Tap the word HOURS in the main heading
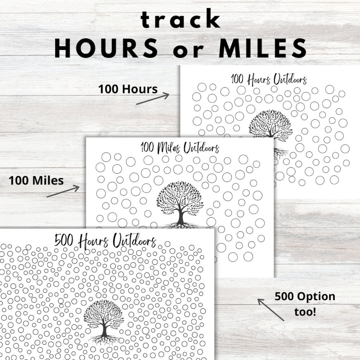pos(106,48)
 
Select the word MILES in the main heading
pos(263,48)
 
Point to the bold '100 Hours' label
pos(128,89)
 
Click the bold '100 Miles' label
pos(36,181)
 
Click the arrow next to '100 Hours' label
pos(153,99)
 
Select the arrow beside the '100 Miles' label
pos(63,192)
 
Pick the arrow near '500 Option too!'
pos(271,310)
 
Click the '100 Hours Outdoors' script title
pos(269,79)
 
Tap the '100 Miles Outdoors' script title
pos(180,148)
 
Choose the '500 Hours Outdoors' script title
pos(105,241)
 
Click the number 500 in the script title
pos(64,241)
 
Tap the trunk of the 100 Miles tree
pos(181,216)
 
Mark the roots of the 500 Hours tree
pos(104,339)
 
